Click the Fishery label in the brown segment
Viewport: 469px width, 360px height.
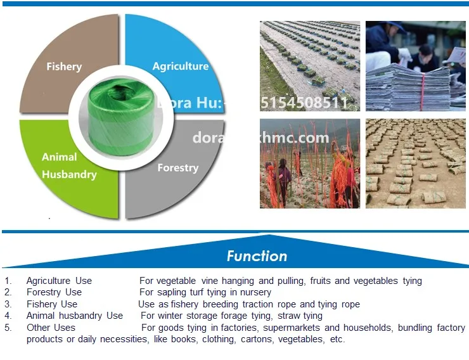(x=64, y=67)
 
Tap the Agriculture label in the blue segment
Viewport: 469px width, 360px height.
(x=181, y=66)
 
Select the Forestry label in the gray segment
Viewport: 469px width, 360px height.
(x=177, y=168)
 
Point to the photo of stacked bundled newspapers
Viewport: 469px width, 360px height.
(x=416, y=66)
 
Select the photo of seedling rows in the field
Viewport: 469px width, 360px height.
(x=310, y=66)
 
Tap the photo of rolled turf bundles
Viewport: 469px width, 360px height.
(x=416, y=164)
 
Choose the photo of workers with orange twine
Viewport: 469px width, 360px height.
(x=310, y=164)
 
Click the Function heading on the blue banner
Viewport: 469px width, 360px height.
(x=257, y=256)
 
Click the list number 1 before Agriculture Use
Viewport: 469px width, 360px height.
(x=8, y=281)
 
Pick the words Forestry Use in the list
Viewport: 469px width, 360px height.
(x=54, y=292)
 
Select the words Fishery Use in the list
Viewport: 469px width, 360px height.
(x=52, y=304)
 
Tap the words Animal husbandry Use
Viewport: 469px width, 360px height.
(x=75, y=316)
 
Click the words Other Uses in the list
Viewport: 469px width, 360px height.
(x=51, y=328)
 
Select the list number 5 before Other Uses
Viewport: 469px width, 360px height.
(x=8, y=328)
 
